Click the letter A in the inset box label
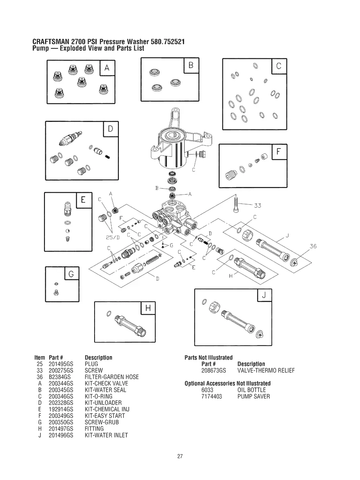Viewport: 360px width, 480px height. [x=106, y=68]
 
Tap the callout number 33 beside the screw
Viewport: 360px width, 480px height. [x=257, y=205]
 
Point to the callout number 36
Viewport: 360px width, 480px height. [x=313, y=246]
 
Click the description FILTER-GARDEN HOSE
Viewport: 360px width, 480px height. [x=112, y=377]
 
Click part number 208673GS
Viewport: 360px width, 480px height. [x=214, y=370]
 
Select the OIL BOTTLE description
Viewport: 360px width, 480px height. [x=252, y=390]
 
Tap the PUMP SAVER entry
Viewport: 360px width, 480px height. [x=254, y=396]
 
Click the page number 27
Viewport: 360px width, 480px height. [x=180, y=456]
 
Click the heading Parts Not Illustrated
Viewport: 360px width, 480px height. [x=209, y=358]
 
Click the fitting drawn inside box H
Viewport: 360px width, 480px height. [x=130, y=325]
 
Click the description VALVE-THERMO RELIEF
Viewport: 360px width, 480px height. [x=266, y=370]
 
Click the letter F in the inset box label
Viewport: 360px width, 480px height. [x=279, y=152]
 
